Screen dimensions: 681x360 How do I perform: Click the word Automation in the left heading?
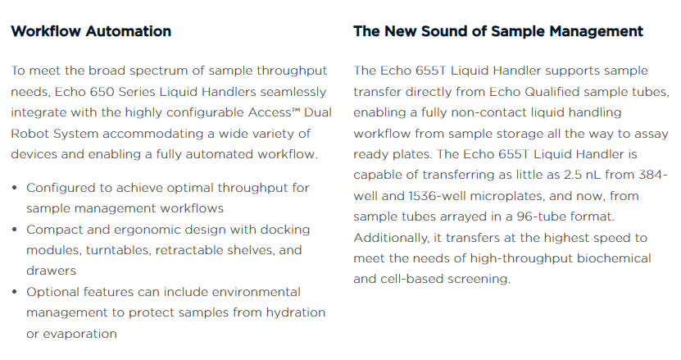coord(128,31)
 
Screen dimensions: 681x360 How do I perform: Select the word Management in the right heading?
coord(596,31)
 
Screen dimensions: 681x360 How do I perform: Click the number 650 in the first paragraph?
coord(102,92)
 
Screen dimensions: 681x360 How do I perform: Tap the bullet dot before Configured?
coord(15,188)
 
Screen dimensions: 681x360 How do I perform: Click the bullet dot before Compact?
coord(15,230)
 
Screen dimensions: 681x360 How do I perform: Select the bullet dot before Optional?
coord(15,292)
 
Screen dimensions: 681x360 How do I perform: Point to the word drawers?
coord(51,271)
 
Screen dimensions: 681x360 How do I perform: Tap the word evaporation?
coord(80,334)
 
